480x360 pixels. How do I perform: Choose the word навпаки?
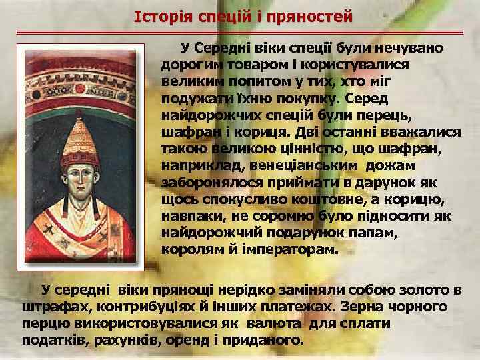(x=190, y=218)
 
